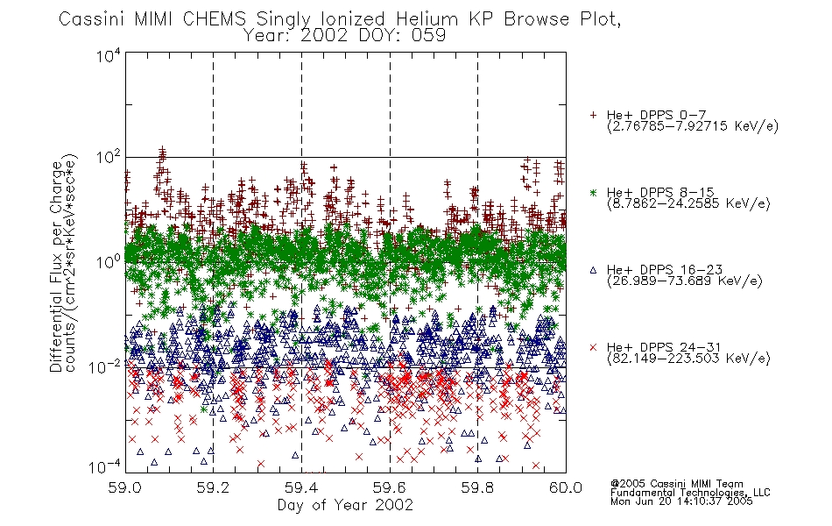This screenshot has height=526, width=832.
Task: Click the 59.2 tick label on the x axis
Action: (x=214, y=487)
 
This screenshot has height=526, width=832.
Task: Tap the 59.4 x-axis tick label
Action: (x=301, y=487)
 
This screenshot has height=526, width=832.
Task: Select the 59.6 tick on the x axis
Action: (x=390, y=487)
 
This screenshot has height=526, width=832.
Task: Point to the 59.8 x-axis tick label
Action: (x=477, y=487)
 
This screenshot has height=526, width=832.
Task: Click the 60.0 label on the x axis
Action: (x=566, y=487)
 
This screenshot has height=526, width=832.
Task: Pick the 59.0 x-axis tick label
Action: (x=125, y=487)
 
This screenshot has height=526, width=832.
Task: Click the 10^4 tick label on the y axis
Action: (x=109, y=55)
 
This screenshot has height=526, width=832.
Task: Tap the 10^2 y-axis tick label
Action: (x=109, y=159)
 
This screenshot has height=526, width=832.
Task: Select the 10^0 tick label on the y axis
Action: (x=109, y=262)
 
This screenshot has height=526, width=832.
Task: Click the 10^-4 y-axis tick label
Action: (x=105, y=467)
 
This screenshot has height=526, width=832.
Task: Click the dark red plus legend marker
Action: (x=593, y=115)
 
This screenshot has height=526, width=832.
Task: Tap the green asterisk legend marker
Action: (x=593, y=192)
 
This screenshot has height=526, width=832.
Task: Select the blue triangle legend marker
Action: (x=593, y=270)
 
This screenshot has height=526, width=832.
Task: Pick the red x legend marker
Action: (x=593, y=347)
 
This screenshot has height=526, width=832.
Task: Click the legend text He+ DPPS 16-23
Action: (x=665, y=270)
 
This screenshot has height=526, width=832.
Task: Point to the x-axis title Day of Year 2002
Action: (x=345, y=505)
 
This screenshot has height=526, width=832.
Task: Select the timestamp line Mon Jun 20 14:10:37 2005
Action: (x=681, y=501)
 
